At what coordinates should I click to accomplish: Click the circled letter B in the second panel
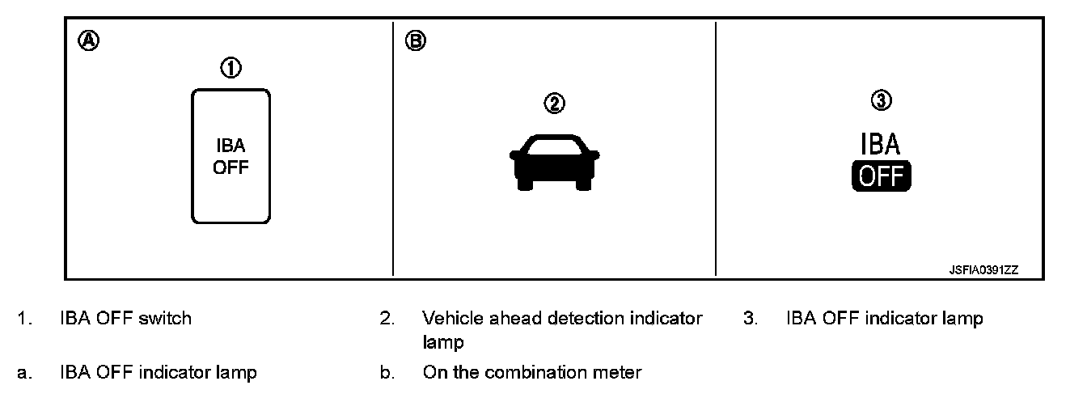tap(415, 40)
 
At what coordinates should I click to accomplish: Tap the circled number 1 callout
tap(231, 70)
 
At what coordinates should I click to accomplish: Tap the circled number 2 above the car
tap(554, 104)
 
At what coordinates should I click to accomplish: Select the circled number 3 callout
tap(880, 100)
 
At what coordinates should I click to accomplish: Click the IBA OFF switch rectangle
tap(231, 156)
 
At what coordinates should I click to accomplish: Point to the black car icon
tap(554, 161)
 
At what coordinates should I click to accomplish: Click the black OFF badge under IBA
tap(881, 176)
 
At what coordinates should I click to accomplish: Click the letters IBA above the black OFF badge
tap(880, 145)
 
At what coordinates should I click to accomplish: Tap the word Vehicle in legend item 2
tap(450, 319)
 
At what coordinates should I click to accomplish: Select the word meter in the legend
tap(620, 374)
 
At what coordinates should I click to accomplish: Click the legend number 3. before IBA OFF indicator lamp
tap(751, 319)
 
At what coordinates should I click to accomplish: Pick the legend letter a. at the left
tap(25, 374)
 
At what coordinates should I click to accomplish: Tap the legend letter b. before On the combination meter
tap(387, 374)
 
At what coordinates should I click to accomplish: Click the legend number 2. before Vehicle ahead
tap(387, 319)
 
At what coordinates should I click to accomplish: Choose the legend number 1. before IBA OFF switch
tap(25, 319)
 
